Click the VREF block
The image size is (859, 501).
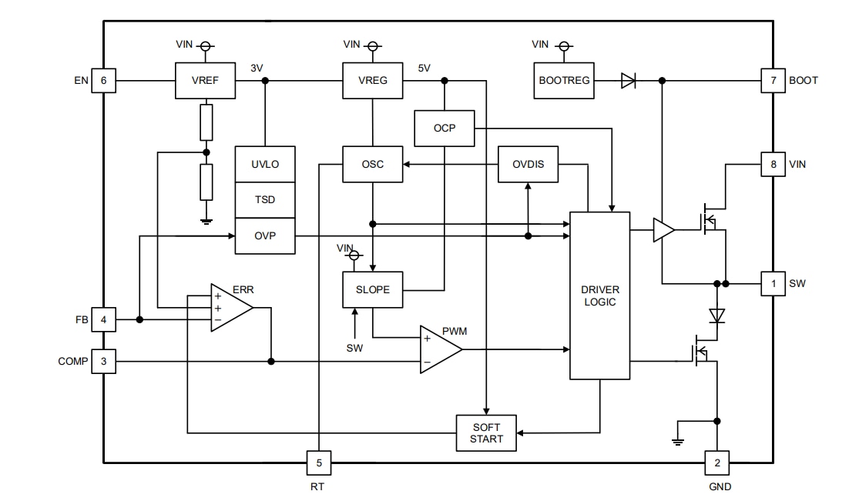point(206,80)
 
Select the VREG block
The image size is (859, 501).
point(373,80)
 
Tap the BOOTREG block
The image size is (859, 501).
point(565,80)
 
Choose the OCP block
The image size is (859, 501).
point(445,128)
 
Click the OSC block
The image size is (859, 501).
point(373,164)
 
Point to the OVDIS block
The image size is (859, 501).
point(528,164)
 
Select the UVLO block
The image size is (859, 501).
point(265,164)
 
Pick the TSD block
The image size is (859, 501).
point(265,199)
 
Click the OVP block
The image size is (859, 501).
point(265,235)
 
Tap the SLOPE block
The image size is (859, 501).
point(373,290)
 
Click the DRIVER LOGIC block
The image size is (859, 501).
point(599,296)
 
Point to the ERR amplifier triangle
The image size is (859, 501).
point(230,308)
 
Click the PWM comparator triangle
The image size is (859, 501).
point(438,349)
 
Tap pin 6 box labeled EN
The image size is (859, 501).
point(103,80)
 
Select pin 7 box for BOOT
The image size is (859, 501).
point(773,80)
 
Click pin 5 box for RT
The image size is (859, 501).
point(319,463)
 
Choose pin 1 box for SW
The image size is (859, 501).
point(773,283)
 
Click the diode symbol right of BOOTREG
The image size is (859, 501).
point(629,80)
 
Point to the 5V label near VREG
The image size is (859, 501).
point(424,68)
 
